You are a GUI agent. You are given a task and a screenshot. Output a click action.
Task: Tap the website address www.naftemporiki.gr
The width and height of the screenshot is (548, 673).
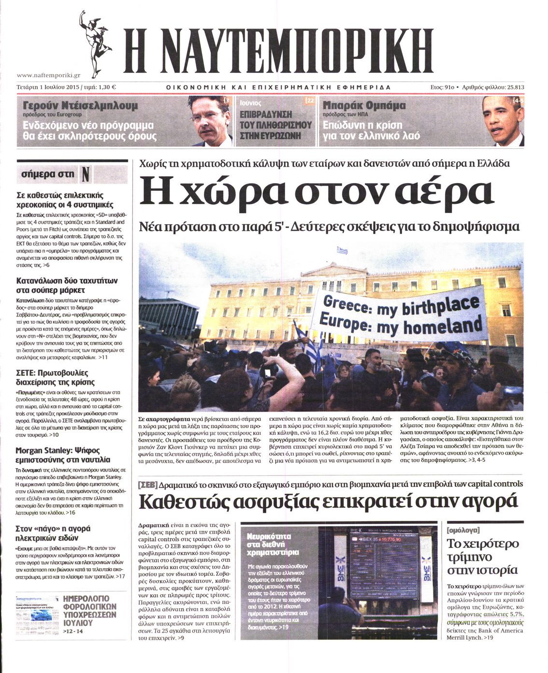[x=48, y=75]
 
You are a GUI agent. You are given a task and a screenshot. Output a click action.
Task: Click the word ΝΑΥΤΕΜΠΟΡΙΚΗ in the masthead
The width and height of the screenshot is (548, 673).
[x=278, y=50]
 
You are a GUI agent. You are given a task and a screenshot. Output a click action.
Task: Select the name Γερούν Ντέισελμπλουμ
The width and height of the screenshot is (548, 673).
[x=80, y=106]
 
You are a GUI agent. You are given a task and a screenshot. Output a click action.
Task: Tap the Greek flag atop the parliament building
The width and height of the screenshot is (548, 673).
[x=342, y=250]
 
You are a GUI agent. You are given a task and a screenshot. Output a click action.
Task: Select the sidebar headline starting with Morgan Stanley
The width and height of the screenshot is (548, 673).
[x=63, y=454]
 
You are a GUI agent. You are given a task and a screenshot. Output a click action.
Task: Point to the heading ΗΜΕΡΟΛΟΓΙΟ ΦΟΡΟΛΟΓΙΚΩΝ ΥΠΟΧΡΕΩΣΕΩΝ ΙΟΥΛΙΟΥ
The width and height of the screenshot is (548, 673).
[x=90, y=610]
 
